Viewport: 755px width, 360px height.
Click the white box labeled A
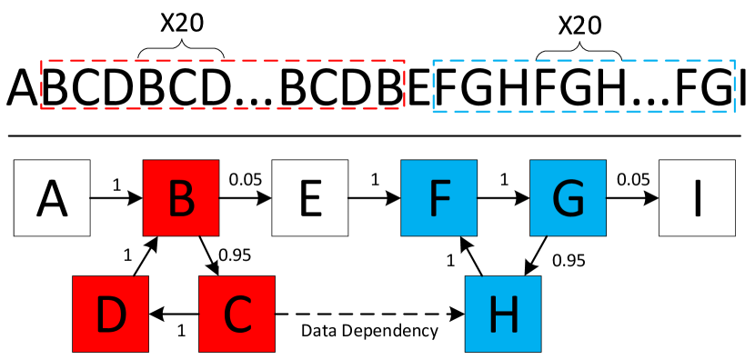pos(52,198)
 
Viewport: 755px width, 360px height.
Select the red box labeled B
pos(181,198)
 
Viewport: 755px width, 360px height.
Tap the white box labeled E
pos(311,198)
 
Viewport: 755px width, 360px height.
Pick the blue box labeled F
pos(439,198)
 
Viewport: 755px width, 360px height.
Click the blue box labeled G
pos(569,198)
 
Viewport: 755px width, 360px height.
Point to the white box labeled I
pos(697,198)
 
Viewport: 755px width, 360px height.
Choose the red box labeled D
pos(110,314)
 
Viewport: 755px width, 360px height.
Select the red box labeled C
pos(237,314)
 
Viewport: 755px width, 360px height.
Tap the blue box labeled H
pos(503,314)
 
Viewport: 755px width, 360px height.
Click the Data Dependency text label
pos(369,331)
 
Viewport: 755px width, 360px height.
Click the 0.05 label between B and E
pos(246,179)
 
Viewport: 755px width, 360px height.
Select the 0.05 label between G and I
pos(633,179)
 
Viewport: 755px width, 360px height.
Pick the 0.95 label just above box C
pos(235,255)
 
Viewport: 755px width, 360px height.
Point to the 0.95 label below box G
pos(569,261)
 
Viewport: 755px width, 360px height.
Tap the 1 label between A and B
pos(116,185)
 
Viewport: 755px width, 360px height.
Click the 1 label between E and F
pos(375,179)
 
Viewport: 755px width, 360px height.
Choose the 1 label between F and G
pos(504,179)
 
